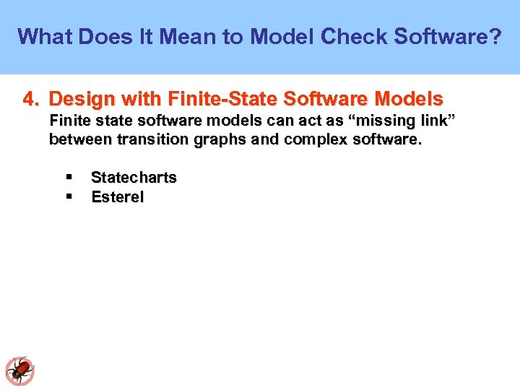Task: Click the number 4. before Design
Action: [32, 98]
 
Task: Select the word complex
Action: [312, 139]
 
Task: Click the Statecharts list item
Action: [134, 178]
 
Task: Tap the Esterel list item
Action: [118, 197]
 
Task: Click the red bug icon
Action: [20, 370]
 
